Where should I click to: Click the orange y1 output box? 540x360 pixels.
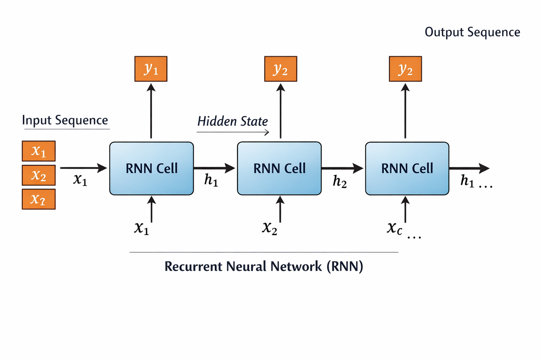pyautogui.click(x=151, y=70)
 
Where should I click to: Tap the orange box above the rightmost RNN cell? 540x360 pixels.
pyautogui.click(x=405, y=70)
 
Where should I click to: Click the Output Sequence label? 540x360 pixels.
pyautogui.click(x=472, y=32)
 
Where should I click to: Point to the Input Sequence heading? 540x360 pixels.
pyautogui.click(x=65, y=120)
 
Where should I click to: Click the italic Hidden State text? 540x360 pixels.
pyautogui.click(x=232, y=122)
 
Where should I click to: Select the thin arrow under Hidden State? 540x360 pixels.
pyautogui.click(x=233, y=133)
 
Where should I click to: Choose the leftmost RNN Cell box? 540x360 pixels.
pyautogui.click(x=151, y=168)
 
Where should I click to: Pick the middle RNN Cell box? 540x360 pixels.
pyautogui.click(x=279, y=168)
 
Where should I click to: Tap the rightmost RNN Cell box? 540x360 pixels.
pyautogui.click(x=407, y=168)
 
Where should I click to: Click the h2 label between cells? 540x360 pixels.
pyautogui.click(x=340, y=181)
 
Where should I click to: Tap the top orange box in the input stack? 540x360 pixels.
pyautogui.click(x=38, y=151)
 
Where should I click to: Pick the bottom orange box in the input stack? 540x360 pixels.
pyautogui.click(x=38, y=200)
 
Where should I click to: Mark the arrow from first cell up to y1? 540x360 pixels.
pyautogui.click(x=151, y=112)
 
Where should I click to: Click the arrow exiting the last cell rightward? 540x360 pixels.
pyautogui.click(x=468, y=168)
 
